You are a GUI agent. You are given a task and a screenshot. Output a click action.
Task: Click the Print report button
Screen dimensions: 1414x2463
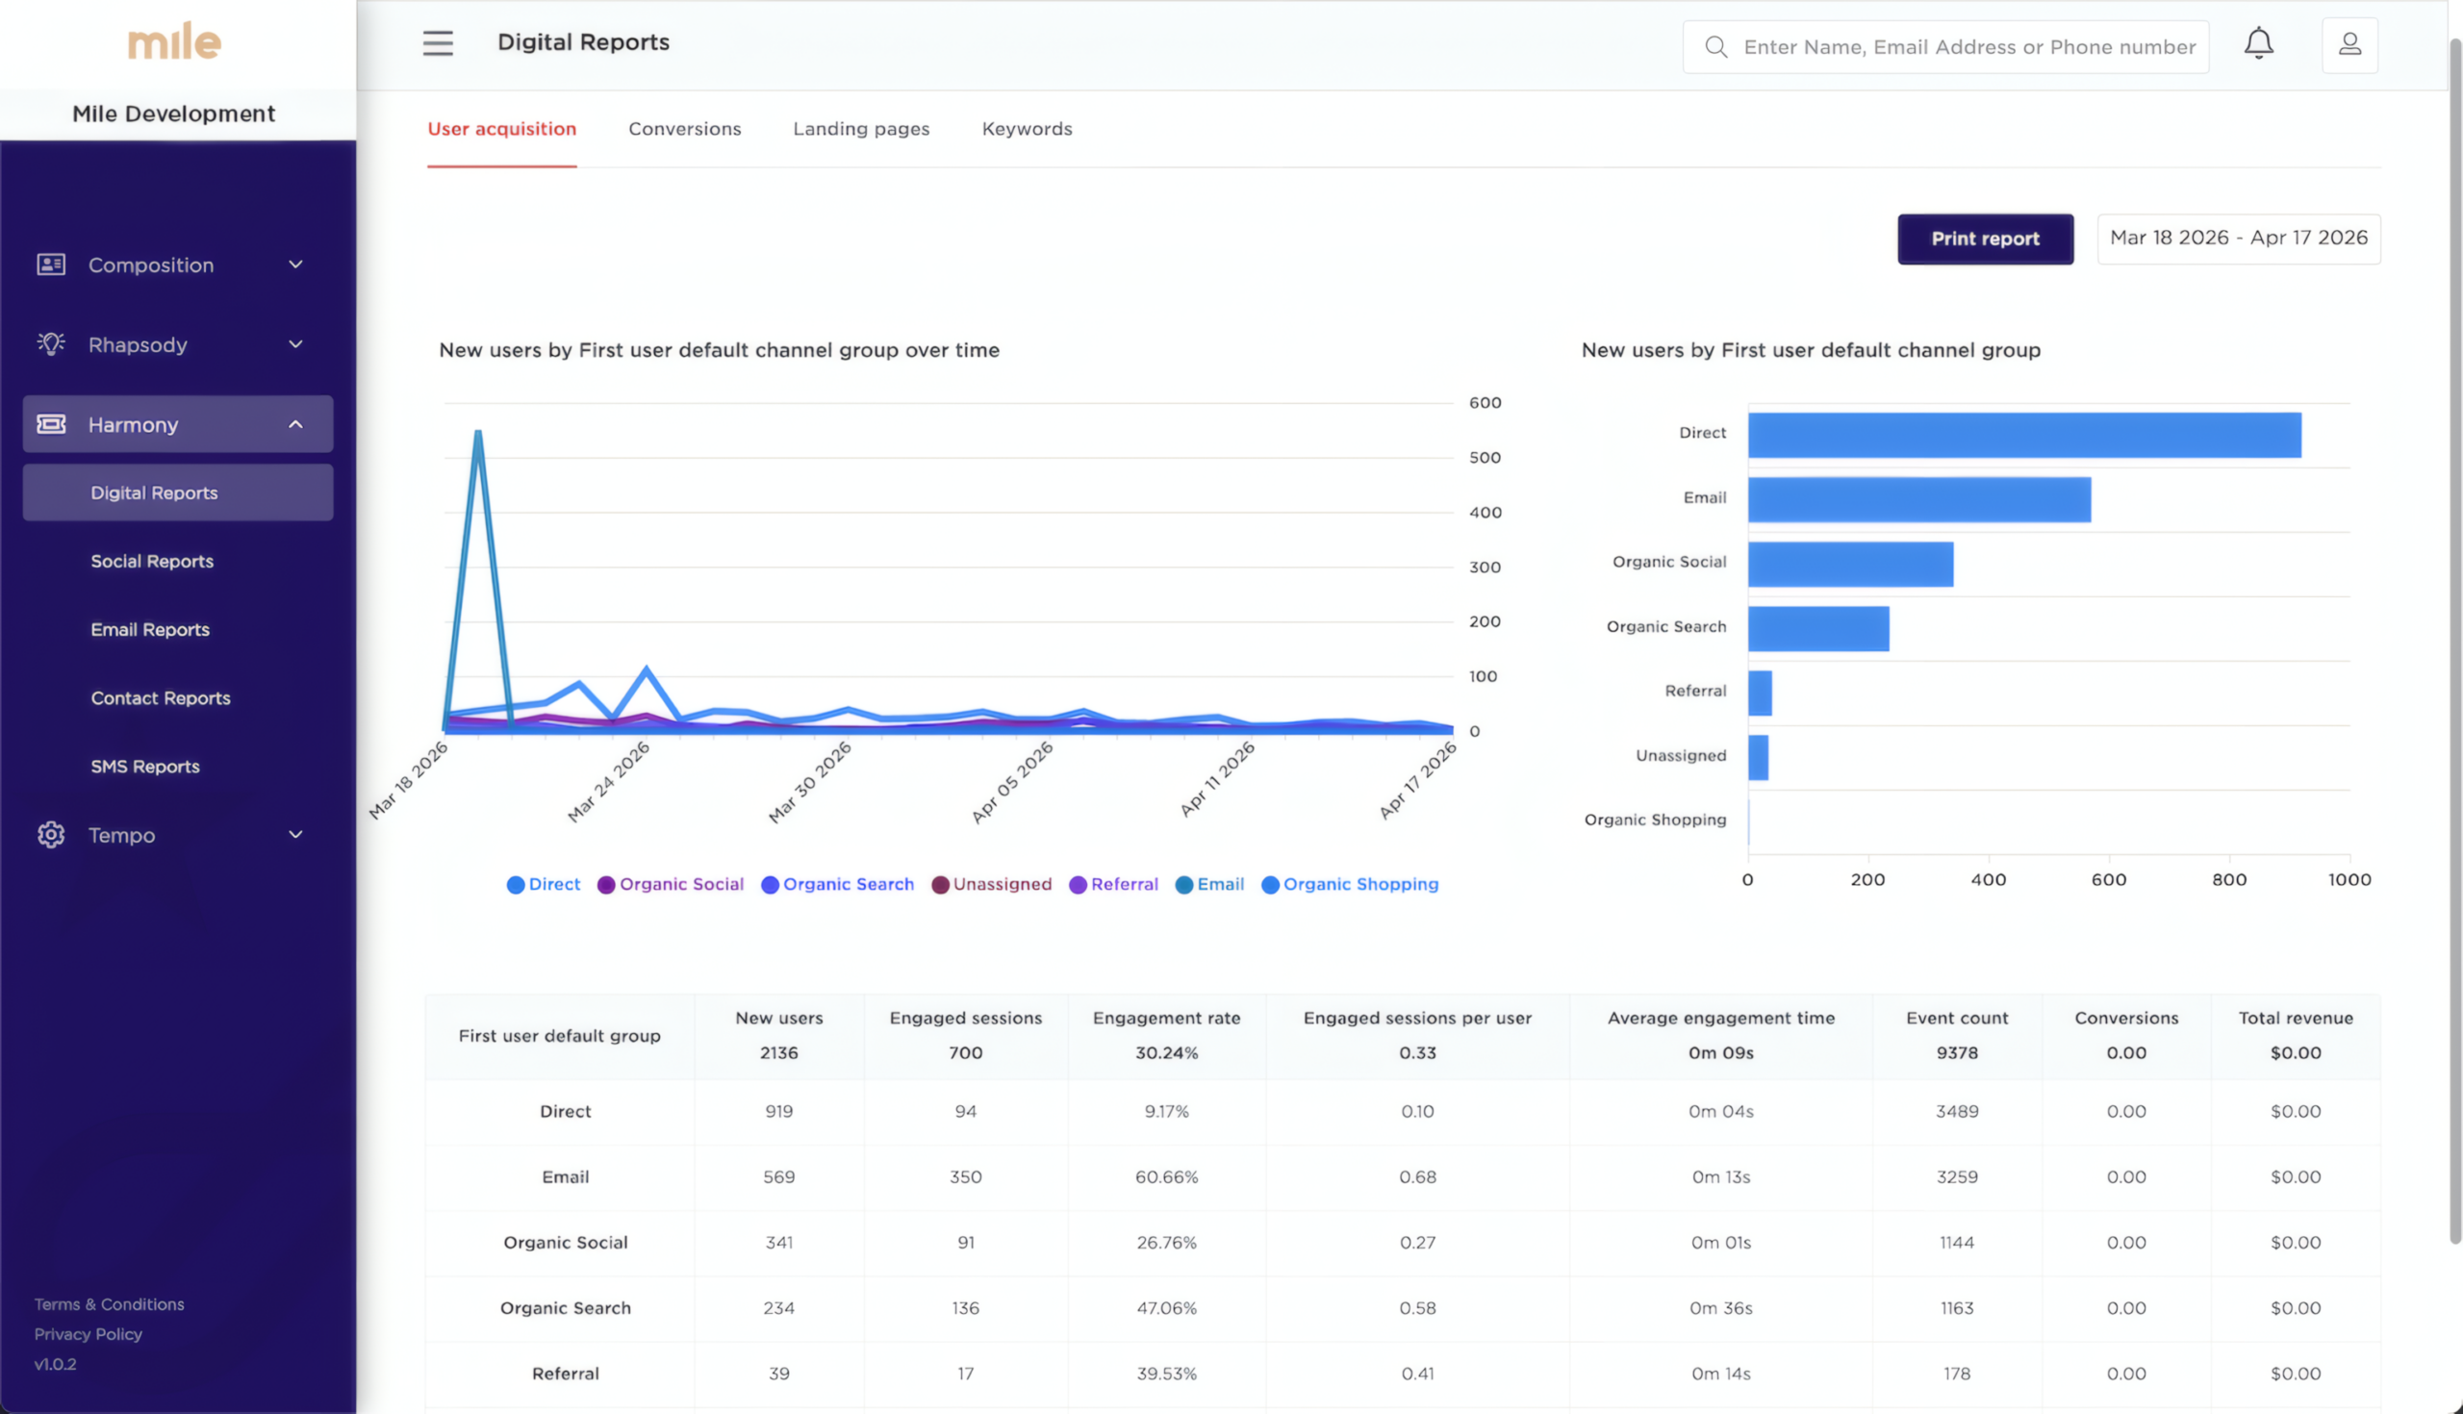click(1984, 239)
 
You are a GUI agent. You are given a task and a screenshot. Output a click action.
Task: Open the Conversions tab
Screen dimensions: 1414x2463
click(684, 129)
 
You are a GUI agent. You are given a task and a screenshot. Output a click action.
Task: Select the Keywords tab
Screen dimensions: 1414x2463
click(1027, 129)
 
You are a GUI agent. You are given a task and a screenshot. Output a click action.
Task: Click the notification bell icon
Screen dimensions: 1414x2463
click(2258, 43)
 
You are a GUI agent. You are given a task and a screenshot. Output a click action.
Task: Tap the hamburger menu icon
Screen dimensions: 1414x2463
click(438, 43)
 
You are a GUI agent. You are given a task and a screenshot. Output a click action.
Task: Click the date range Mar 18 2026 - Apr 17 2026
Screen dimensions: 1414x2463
click(2238, 238)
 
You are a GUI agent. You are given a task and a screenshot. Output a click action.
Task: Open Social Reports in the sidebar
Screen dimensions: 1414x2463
click(151, 562)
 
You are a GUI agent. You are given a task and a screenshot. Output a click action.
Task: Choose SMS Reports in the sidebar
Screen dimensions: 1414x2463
click(144, 767)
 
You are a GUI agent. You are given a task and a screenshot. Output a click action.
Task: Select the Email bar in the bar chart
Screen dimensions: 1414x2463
click(1918, 499)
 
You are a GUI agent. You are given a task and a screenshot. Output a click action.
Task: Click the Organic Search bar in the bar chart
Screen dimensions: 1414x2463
click(1817, 628)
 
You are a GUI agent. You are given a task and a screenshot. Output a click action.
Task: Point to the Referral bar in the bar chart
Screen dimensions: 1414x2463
click(1759, 693)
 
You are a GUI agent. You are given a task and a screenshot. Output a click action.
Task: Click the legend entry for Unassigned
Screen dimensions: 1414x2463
click(992, 884)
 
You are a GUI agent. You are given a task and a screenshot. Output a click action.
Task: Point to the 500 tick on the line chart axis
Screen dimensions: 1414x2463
click(1484, 458)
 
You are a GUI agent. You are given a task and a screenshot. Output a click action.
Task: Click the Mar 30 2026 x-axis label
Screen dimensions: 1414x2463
click(810, 782)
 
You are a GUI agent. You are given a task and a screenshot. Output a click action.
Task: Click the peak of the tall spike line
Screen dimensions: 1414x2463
click(478, 433)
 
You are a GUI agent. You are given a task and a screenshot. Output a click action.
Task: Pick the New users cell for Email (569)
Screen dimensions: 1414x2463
click(778, 1176)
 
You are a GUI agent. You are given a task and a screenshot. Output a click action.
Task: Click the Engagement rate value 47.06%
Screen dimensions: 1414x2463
click(1165, 1308)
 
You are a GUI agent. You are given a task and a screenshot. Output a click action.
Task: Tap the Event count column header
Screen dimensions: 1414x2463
click(1956, 1018)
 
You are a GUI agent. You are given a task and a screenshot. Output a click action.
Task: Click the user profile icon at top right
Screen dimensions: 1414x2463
click(2349, 44)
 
